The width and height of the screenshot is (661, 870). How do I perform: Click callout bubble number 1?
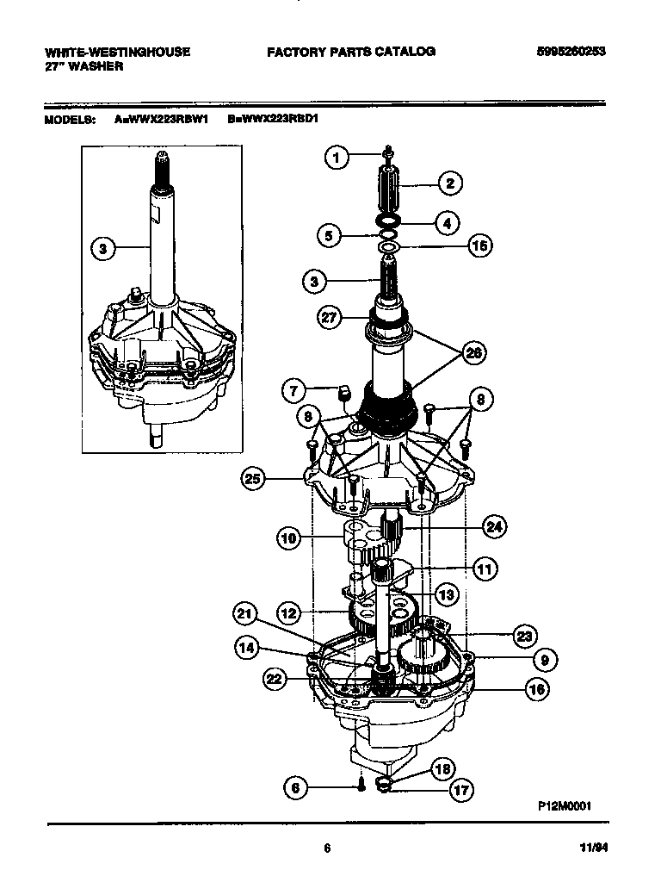pos(337,158)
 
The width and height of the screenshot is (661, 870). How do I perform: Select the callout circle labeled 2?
pos(448,183)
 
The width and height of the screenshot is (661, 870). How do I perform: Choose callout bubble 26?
pos(473,351)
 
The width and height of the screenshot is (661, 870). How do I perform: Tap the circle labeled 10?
pos(288,539)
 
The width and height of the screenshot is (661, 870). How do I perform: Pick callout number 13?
pos(445,594)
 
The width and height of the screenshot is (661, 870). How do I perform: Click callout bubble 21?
pos(245,613)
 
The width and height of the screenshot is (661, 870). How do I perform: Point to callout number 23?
pos(522,637)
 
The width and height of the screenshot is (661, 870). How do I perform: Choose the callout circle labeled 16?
pos(535,689)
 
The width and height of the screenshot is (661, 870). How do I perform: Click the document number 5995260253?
pos(570,52)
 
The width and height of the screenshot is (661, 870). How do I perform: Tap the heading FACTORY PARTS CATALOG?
pos(350,52)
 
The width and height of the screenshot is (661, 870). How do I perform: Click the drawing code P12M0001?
pos(564,806)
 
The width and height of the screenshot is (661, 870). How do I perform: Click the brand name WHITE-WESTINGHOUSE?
pos(117,52)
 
